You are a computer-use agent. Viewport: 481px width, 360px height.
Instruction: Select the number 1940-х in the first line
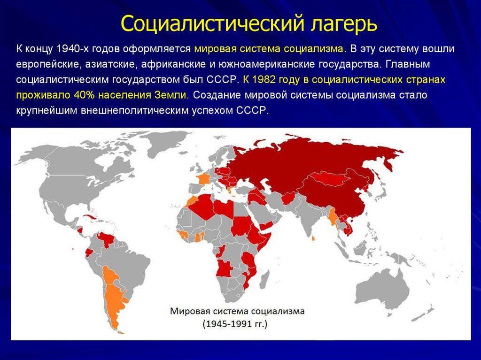tap(70, 49)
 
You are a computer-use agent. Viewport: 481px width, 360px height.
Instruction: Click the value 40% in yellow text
tap(85, 95)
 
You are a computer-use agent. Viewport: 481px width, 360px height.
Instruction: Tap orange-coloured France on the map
tap(204, 180)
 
